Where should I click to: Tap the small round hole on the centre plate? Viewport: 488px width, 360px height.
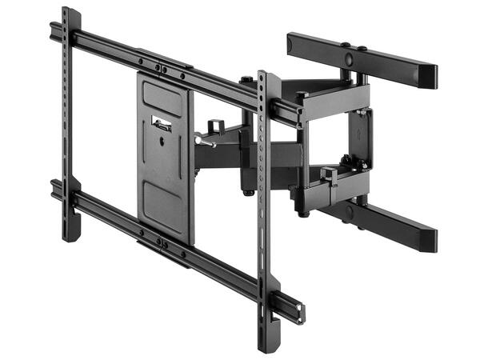[163, 144]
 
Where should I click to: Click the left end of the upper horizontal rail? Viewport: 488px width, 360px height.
[53, 30]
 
